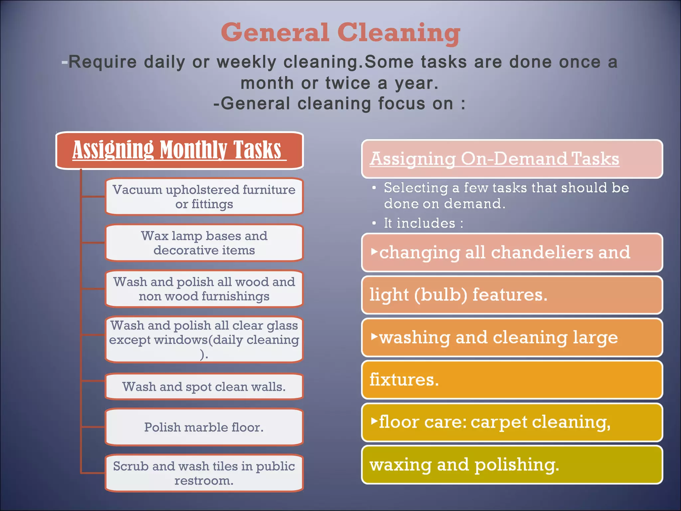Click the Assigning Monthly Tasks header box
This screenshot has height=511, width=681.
click(180, 150)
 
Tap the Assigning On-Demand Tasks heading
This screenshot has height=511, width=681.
click(494, 159)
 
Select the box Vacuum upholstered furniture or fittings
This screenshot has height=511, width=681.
click(204, 197)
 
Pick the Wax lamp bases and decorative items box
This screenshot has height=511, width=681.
click(204, 243)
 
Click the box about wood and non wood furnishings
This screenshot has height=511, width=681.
click(204, 289)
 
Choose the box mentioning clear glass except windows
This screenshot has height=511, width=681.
click(204, 339)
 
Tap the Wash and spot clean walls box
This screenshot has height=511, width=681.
click(204, 387)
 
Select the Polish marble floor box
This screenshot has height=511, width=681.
click(204, 427)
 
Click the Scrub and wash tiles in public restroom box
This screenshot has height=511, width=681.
click(204, 473)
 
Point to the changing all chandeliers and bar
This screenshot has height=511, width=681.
click(512, 253)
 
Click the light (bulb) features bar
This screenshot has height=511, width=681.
click(512, 295)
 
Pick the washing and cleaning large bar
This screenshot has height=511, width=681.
click(512, 337)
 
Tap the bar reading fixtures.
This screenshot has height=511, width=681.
click(512, 380)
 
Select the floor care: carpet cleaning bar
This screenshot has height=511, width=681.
click(512, 422)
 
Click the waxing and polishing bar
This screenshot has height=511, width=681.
click(512, 465)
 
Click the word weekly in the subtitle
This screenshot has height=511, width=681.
click(246, 62)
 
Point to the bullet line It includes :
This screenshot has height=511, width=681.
click(423, 223)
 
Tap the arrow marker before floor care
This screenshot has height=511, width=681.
click(374, 421)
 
